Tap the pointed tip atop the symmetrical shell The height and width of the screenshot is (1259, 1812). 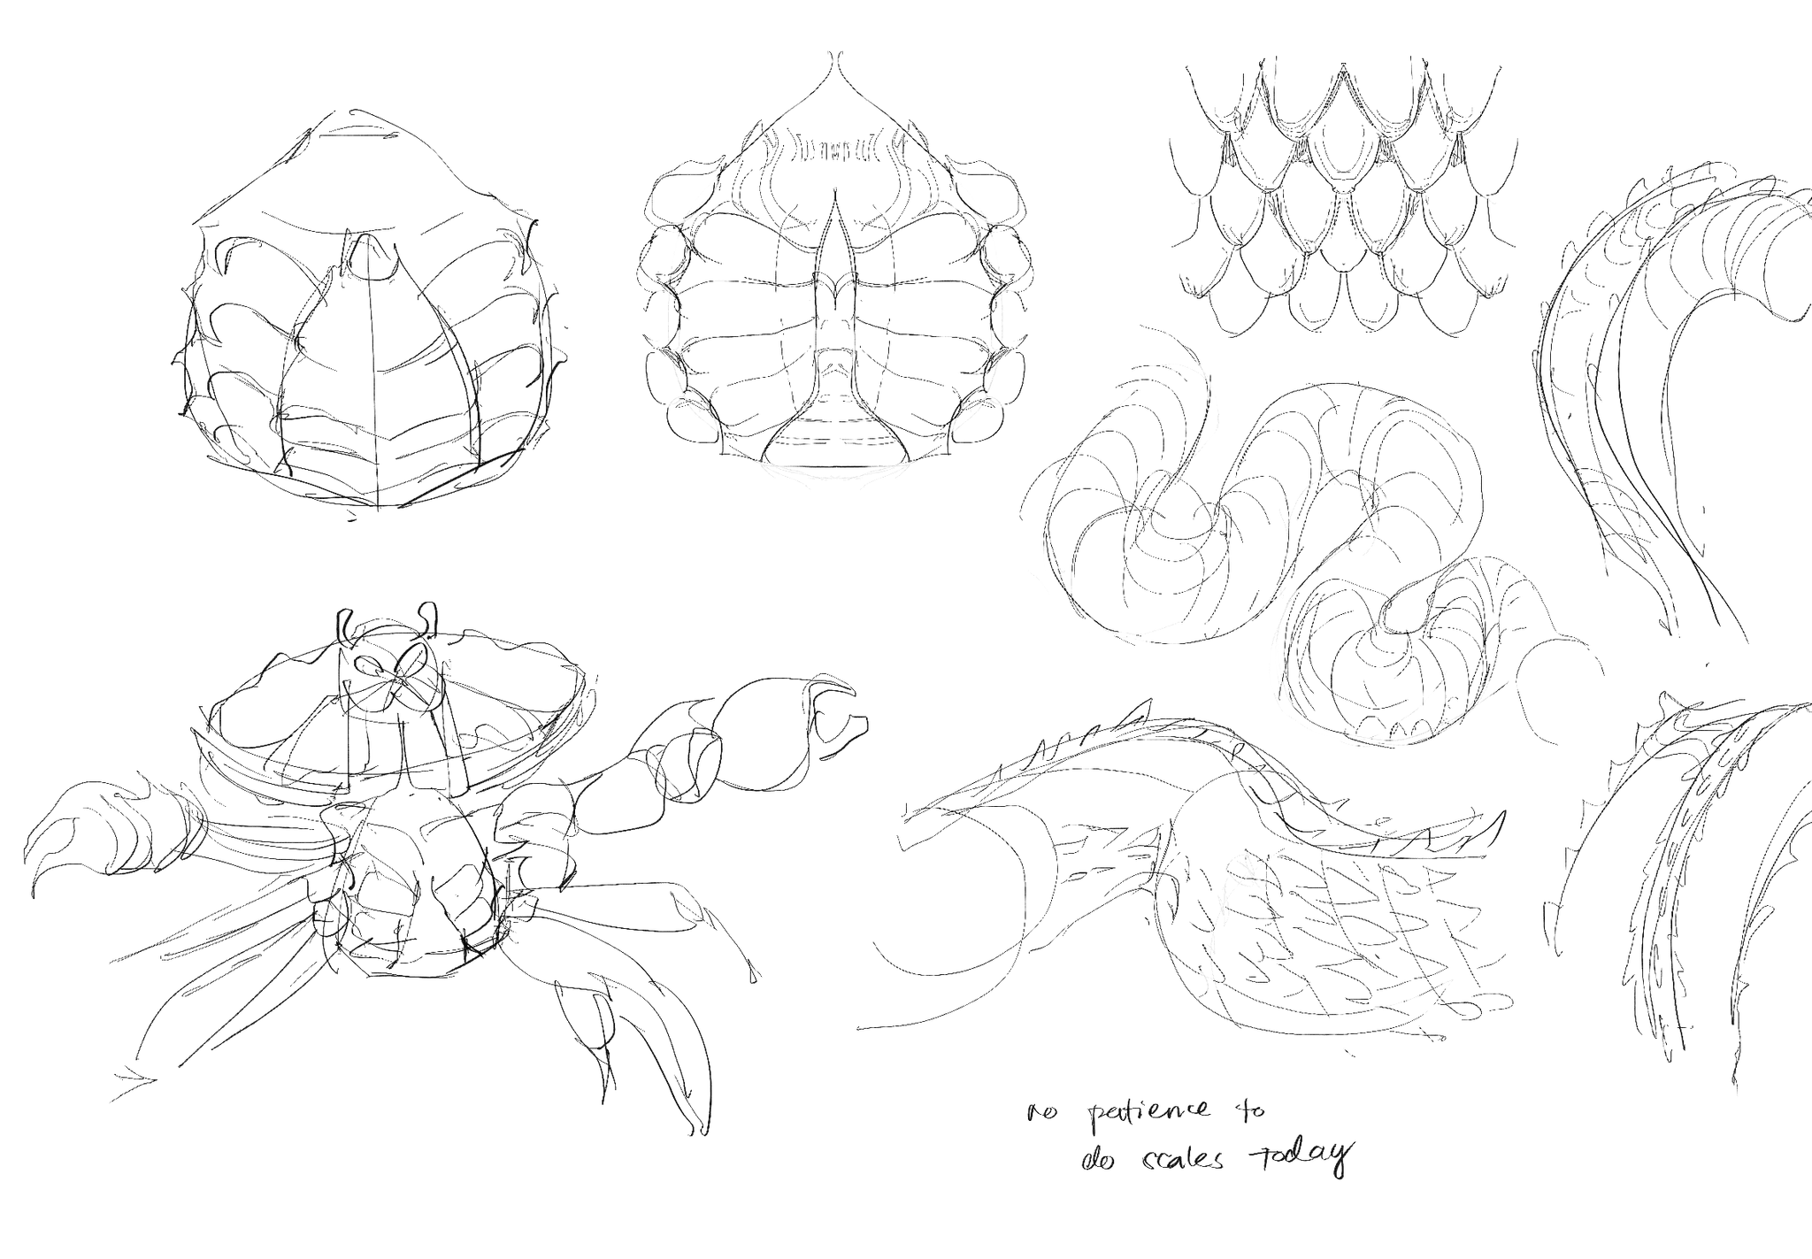point(834,58)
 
